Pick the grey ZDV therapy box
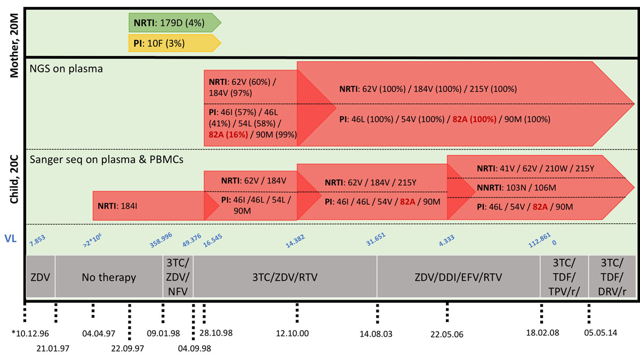coord(41,277)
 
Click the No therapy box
coord(108,277)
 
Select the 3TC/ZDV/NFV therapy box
coord(178,277)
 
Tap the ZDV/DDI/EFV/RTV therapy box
coord(458,277)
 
